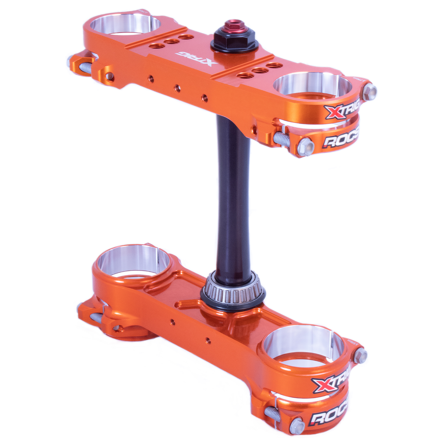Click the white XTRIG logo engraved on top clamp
(196, 58)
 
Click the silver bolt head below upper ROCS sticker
(305, 147)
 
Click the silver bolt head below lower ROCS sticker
(297, 426)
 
